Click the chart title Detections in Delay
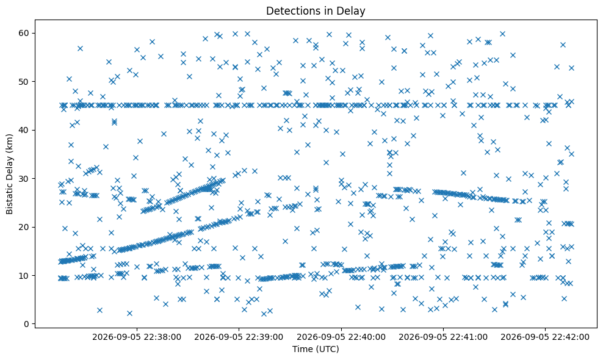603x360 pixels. point(316,11)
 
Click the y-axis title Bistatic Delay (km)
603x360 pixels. point(9,175)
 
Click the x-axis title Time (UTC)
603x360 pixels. point(316,349)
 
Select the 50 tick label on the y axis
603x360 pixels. point(24,82)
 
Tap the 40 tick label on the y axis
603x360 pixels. point(24,130)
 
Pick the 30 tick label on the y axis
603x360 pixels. point(24,178)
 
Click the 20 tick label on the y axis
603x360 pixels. point(24,227)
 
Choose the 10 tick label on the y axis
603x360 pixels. point(24,275)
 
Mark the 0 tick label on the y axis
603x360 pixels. point(26,324)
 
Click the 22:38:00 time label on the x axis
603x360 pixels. point(137,337)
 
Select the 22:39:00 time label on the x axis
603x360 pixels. point(239,337)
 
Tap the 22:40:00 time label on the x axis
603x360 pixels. point(341,337)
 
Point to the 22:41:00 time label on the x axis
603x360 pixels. point(443,337)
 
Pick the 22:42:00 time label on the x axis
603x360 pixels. point(545,337)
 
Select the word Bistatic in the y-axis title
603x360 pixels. point(9,200)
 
